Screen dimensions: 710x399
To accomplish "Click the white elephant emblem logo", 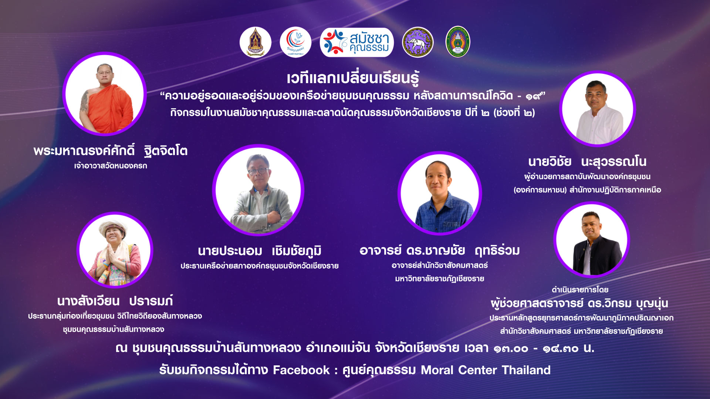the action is pos(418,42).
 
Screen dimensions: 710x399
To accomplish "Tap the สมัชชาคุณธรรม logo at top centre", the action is pos(357,42).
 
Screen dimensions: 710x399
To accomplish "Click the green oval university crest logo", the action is pos(458,42).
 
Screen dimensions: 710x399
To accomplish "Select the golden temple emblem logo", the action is pos(256,42).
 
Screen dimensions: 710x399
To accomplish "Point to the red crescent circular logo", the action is pos(295,42).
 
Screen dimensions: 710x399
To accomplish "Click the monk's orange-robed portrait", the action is pos(105,94).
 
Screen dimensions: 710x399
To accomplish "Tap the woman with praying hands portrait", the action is pos(115,250).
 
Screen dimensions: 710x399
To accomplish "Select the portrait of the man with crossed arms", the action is pos(258,190).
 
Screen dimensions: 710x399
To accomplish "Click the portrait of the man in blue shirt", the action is pos(440,193).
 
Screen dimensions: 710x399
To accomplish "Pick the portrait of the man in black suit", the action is pos(592,239).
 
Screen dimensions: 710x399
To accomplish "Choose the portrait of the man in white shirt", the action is pos(598,109).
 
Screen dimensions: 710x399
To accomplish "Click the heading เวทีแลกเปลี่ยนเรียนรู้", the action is pos(353,78).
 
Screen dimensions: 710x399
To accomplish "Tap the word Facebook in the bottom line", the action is pos(301,370).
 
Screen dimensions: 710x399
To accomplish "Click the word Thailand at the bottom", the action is pos(526,370).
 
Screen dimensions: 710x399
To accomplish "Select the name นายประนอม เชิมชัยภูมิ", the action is pos(260,251).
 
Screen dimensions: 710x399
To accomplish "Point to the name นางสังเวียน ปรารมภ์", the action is pos(115,301).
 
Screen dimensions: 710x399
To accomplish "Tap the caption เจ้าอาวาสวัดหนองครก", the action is pos(111,166).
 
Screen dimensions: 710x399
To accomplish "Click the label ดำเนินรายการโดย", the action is pos(580,290).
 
